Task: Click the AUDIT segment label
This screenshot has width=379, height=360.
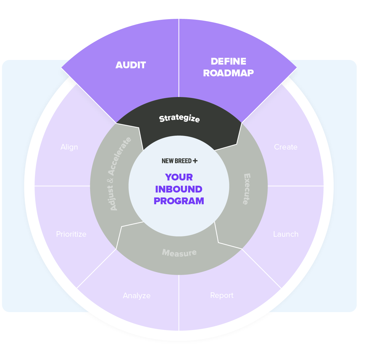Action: click(131, 65)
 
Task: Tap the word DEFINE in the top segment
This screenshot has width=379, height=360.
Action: click(228, 61)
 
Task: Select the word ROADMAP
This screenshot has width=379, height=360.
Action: click(228, 73)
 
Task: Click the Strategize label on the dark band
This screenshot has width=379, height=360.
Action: click(179, 118)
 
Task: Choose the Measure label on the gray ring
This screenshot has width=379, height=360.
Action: click(179, 253)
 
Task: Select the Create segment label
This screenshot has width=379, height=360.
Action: click(286, 147)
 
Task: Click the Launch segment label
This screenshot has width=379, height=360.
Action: click(286, 234)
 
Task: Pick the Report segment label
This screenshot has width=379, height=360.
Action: click(222, 295)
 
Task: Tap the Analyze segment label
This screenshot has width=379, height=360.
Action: click(137, 296)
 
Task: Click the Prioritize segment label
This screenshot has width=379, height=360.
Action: click(71, 234)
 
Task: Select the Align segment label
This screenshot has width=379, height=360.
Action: click(69, 147)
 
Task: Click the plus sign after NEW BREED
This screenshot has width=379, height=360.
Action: click(195, 161)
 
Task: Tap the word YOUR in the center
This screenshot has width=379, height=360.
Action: click(179, 177)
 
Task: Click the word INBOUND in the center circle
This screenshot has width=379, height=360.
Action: click(179, 189)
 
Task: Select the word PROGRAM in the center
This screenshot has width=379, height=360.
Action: click(179, 201)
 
